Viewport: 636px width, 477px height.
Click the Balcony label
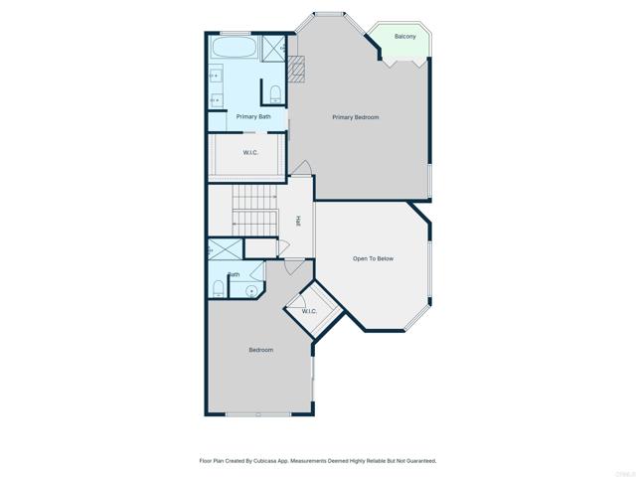(x=404, y=37)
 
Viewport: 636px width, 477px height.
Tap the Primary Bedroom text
(x=355, y=117)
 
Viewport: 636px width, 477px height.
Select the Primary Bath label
(x=253, y=116)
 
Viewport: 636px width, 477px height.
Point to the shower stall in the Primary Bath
(x=274, y=46)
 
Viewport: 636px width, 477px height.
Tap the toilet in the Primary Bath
(x=275, y=93)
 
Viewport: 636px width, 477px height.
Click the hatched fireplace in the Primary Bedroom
(x=295, y=70)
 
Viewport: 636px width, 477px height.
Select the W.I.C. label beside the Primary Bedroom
(x=251, y=152)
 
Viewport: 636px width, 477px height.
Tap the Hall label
(x=298, y=221)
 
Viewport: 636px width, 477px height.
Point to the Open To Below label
(x=373, y=258)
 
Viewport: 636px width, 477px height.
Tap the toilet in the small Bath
(x=218, y=289)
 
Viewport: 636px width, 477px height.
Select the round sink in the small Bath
(x=251, y=290)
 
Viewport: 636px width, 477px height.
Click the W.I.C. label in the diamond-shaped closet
(x=308, y=311)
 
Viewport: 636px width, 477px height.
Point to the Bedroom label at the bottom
(x=260, y=350)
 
